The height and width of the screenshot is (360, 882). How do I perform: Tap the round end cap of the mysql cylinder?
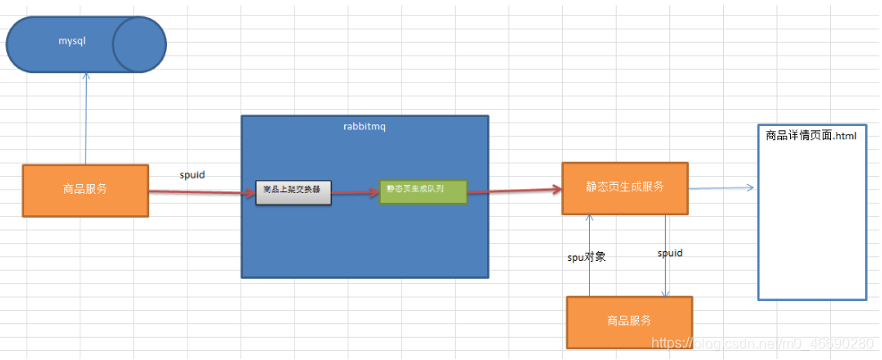(139, 43)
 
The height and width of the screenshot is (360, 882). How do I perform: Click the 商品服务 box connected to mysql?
(85, 190)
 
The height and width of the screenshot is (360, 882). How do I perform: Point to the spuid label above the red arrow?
(192, 175)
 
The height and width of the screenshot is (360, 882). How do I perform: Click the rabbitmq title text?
(364, 127)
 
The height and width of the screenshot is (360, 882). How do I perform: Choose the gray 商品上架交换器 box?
(293, 191)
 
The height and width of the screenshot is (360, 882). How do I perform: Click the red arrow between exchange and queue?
(355, 191)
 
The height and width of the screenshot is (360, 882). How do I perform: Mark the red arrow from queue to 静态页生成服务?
(514, 190)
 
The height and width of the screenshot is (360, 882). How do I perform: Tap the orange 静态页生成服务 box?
(625, 188)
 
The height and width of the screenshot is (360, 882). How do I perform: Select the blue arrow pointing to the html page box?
(722, 188)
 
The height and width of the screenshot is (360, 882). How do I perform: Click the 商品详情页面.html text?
(811, 137)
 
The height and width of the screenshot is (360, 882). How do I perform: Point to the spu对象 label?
(587, 256)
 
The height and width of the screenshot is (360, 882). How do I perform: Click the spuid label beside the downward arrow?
(669, 254)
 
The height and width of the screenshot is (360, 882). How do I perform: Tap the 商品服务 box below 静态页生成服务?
(629, 321)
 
